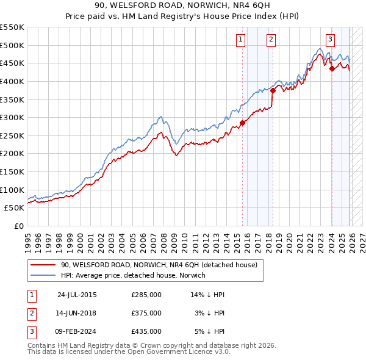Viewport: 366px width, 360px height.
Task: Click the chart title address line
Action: point(183,6)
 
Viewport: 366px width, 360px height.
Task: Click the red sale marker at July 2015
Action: point(242,123)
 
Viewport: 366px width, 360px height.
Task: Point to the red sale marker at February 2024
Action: point(332,68)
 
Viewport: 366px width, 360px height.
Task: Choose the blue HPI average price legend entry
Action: point(133,275)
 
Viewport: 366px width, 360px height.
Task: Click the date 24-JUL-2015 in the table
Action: point(77,295)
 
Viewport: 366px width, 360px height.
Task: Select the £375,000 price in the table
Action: point(146,313)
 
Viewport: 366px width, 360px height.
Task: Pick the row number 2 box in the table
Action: point(32,313)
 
